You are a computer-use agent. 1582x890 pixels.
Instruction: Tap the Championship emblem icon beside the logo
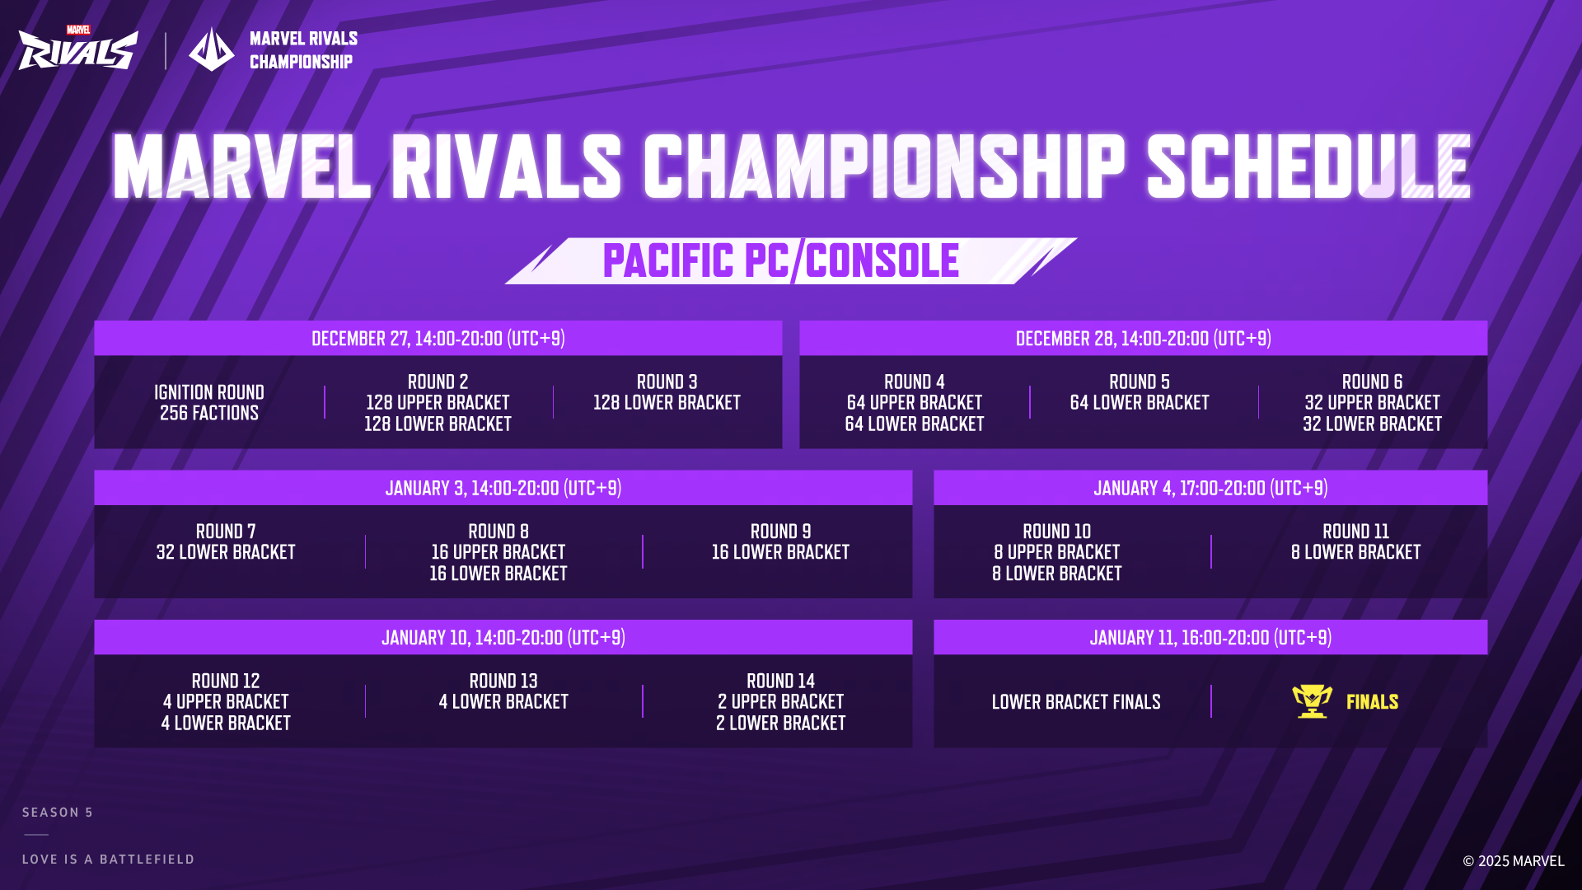point(211,49)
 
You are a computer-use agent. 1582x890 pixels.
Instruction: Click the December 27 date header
point(438,339)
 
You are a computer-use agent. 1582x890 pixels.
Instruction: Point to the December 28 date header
point(1144,339)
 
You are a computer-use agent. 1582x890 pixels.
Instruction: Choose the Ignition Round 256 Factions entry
point(209,403)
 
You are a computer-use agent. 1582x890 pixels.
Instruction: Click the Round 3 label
point(667,382)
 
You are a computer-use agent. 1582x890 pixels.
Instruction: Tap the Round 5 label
point(1140,382)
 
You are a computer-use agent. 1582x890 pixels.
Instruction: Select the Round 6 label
point(1373,382)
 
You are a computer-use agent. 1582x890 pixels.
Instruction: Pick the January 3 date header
point(503,488)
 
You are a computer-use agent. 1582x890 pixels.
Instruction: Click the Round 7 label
point(226,532)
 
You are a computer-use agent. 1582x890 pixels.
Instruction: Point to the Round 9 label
point(781,532)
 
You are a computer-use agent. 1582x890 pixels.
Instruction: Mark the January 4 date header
point(1210,488)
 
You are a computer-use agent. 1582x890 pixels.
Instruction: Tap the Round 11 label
point(1356,532)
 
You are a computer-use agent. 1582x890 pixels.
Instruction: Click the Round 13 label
point(503,682)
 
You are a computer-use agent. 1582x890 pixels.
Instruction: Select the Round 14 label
point(781,682)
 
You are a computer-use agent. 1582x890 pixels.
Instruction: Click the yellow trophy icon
point(1313,701)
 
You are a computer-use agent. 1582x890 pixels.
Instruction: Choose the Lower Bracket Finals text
point(1076,702)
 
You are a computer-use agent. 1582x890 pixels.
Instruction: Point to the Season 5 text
point(58,813)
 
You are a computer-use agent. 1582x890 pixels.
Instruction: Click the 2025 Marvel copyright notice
point(1514,861)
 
